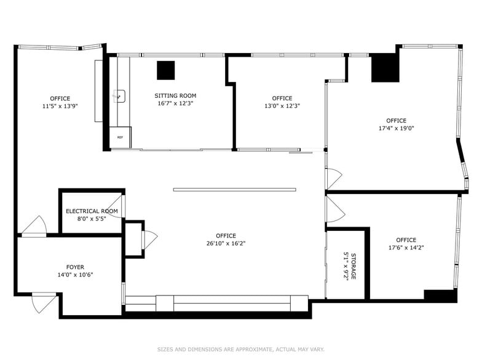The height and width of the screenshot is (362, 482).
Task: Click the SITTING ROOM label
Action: [175, 95]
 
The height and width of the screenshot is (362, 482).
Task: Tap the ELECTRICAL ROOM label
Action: [92, 211]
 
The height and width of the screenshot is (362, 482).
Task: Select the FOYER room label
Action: [75, 267]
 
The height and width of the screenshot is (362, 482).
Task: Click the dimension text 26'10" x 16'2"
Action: [226, 243]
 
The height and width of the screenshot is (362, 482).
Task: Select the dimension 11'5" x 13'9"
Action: [60, 106]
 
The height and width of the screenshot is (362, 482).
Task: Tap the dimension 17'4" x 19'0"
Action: [396, 129]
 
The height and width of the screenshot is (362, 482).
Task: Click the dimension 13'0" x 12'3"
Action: [282, 106]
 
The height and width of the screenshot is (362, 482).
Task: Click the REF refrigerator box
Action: [120, 137]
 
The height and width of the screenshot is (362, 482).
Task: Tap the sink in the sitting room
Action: [119, 96]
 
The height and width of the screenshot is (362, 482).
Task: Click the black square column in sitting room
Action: [165, 70]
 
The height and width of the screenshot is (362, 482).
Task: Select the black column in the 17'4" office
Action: [385, 68]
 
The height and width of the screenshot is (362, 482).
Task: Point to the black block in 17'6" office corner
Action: [440, 296]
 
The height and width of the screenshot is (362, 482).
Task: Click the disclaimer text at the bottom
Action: [240, 349]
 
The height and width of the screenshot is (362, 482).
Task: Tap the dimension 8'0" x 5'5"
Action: [92, 219]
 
